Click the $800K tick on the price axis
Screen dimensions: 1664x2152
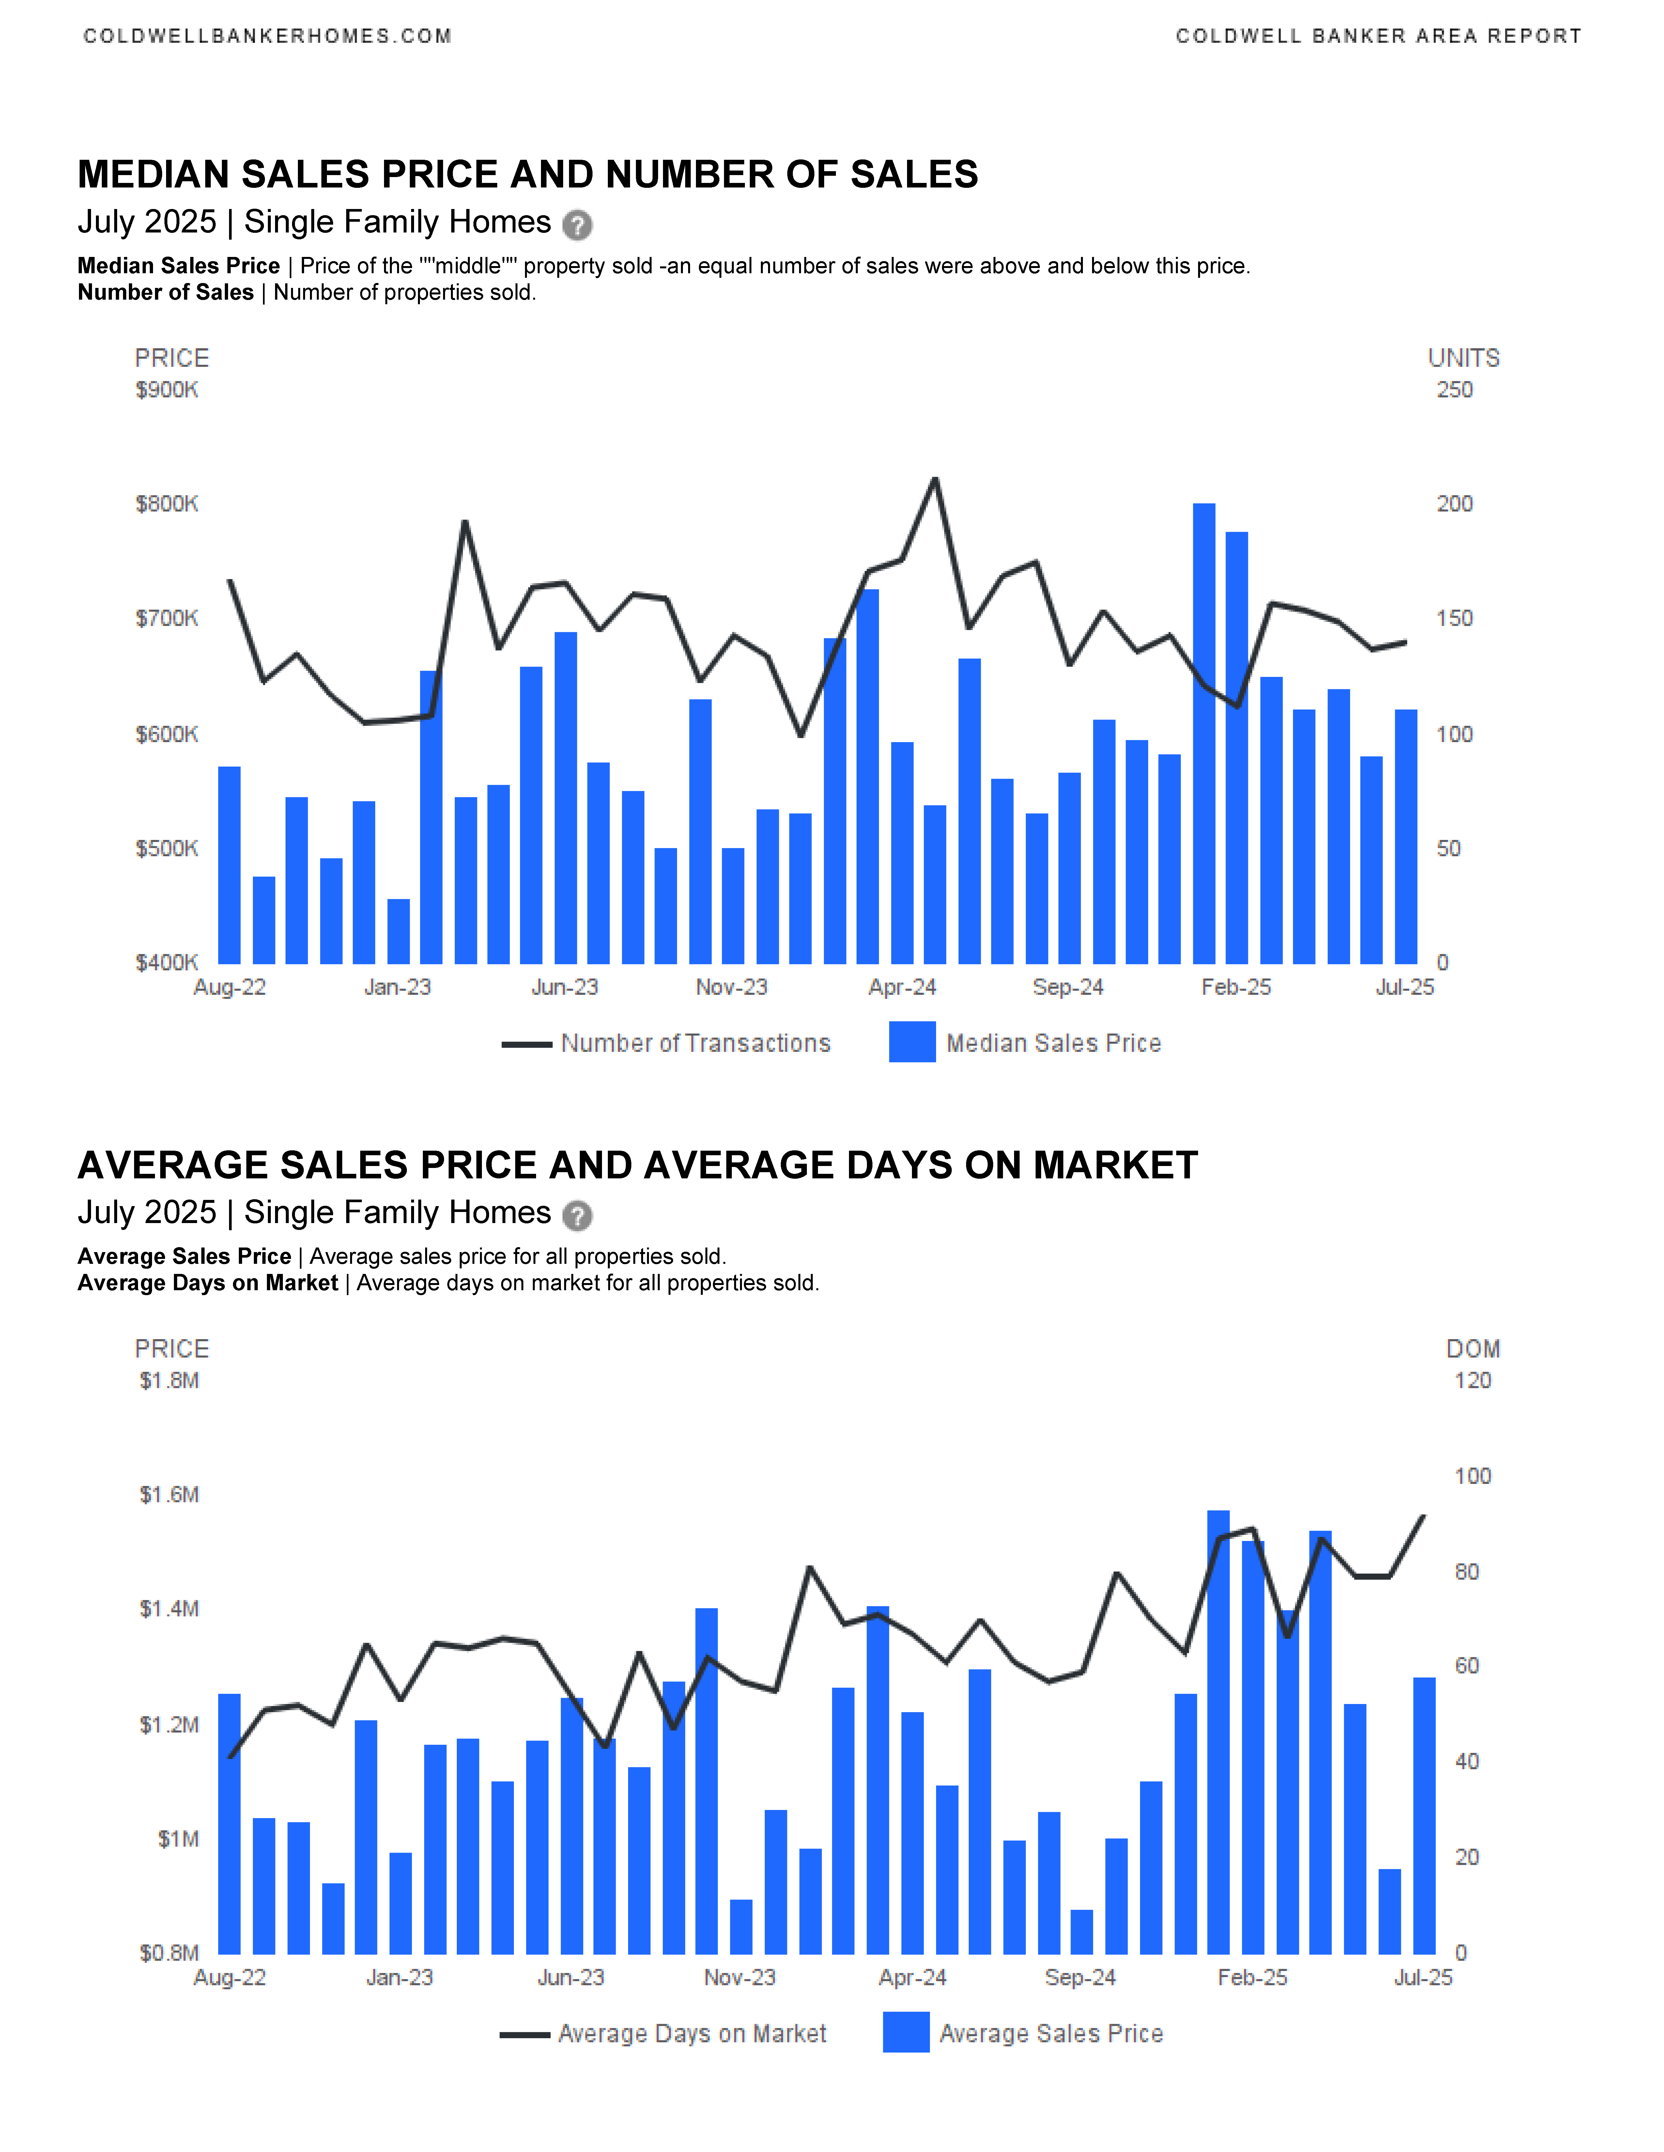click(167, 504)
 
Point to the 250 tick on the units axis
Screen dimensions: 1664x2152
click(1454, 390)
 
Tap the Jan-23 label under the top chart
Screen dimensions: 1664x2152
click(397, 987)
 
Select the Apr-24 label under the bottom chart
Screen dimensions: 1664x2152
click(913, 1978)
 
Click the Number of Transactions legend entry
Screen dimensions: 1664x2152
click(666, 1043)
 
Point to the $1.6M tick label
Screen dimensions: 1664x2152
click(170, 1495)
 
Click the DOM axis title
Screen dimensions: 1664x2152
click(1473, 1349)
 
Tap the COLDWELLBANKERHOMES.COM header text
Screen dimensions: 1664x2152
click(267, 37)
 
